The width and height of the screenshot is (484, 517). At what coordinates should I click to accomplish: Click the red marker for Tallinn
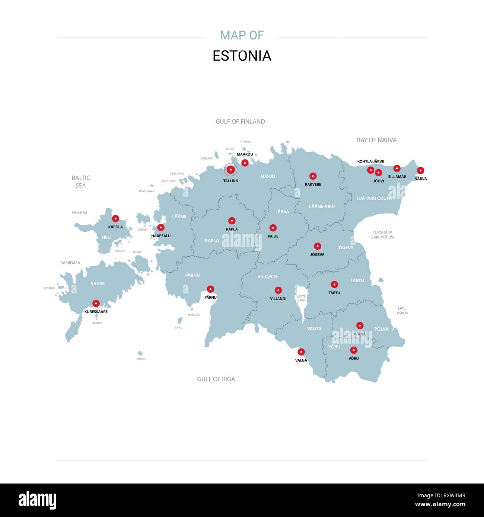tap(230, 170)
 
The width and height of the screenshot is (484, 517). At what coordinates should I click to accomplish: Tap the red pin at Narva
tap(420, 170)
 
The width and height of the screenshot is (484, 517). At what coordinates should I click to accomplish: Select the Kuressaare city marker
tap(96, 303)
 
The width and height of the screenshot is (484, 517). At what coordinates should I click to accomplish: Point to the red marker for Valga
tap(301, 352)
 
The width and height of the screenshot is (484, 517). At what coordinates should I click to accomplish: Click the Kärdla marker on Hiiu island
tap(115, 218)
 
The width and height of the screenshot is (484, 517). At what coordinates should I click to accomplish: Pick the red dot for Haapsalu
tap(161, 227)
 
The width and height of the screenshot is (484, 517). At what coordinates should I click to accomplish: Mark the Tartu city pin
tap(334, 285)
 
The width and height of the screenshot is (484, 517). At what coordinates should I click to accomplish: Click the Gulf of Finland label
tap(240, 122)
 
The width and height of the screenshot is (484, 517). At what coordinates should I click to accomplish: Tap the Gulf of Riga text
tap(216, 379)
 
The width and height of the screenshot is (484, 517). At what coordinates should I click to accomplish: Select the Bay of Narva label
tap(376, 140)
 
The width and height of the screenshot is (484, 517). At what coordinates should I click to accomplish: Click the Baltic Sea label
tap(81, 182)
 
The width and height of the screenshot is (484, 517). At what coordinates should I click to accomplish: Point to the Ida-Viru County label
tap(376, 199)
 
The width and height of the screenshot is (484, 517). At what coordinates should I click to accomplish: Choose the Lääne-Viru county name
tap(322, 206)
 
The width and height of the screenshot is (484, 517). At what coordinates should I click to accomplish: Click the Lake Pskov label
tap(402, 311)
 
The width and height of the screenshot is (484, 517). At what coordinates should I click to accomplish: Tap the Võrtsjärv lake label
tap(301, 298)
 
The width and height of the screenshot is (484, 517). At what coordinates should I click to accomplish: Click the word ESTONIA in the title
tap(242, 56)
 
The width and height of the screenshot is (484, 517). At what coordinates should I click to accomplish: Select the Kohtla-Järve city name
tap(370, 161)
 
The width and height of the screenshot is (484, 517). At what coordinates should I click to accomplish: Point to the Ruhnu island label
tap(141, 359)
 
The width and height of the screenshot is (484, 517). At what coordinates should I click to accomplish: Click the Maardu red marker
tap(245, 163)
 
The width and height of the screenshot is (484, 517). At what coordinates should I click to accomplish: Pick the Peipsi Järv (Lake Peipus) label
tap(382, 235)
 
